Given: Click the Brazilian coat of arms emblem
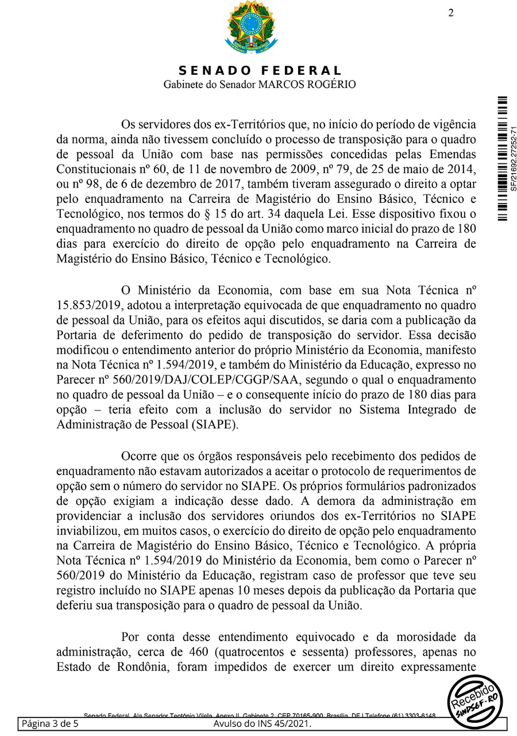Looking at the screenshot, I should coord(250,29).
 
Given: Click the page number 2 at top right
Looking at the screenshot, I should coord(451,13).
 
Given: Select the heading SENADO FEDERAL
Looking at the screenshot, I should coord(260,71).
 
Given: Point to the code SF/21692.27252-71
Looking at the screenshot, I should coord(514,158).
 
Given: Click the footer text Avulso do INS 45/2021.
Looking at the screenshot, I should coord(262,723).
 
